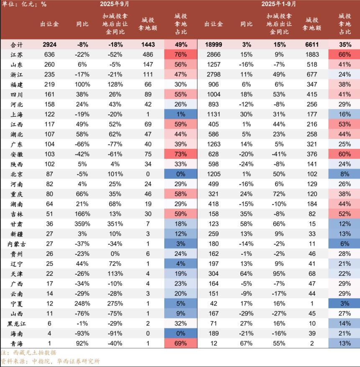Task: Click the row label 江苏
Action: (x=17, y=54)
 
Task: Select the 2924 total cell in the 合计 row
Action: (x=49, y=44)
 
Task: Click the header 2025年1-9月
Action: (x=279, y=4)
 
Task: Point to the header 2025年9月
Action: (x=115, y=4)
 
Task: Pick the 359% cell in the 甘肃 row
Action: (x=82, y=224)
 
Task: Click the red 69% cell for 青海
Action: (x=181, y=343)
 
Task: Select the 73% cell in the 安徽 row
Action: (x=181, y=154)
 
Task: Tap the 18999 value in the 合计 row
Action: (x=213, y=44)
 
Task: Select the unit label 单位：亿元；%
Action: (x=23, y=4)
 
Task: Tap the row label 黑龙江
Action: (x=17, y=324)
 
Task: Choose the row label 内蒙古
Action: (x=17, y=244)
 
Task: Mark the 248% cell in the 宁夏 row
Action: (x=82, y=303)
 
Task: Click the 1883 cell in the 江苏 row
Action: (x=312, y=54)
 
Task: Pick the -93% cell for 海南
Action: (x=82, y=333)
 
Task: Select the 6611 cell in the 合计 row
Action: (x=312, y=44)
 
